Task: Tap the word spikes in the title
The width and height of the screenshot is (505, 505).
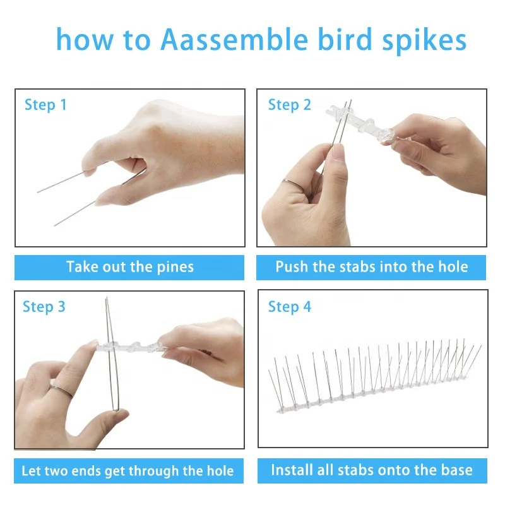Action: coord(424,41)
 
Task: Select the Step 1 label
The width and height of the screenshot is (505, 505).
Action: coord(45,105)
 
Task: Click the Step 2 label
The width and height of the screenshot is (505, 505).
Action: coord(290,105)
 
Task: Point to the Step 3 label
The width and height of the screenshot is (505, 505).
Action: coord(44,307)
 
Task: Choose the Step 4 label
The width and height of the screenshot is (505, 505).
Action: coord(290,307)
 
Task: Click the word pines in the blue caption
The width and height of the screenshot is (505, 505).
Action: coord(175,268)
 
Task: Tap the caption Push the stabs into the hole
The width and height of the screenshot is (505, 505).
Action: coord(372,267)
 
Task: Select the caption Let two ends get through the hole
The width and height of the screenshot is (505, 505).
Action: coord(128,471)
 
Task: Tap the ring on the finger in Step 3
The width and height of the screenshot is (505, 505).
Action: coord(61,391)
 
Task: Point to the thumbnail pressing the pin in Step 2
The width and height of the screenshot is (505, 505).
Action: coord(338,152)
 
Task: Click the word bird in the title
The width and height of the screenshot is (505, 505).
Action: coord(345,40)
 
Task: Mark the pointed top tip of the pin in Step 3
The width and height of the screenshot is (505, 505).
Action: coord(107,298)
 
